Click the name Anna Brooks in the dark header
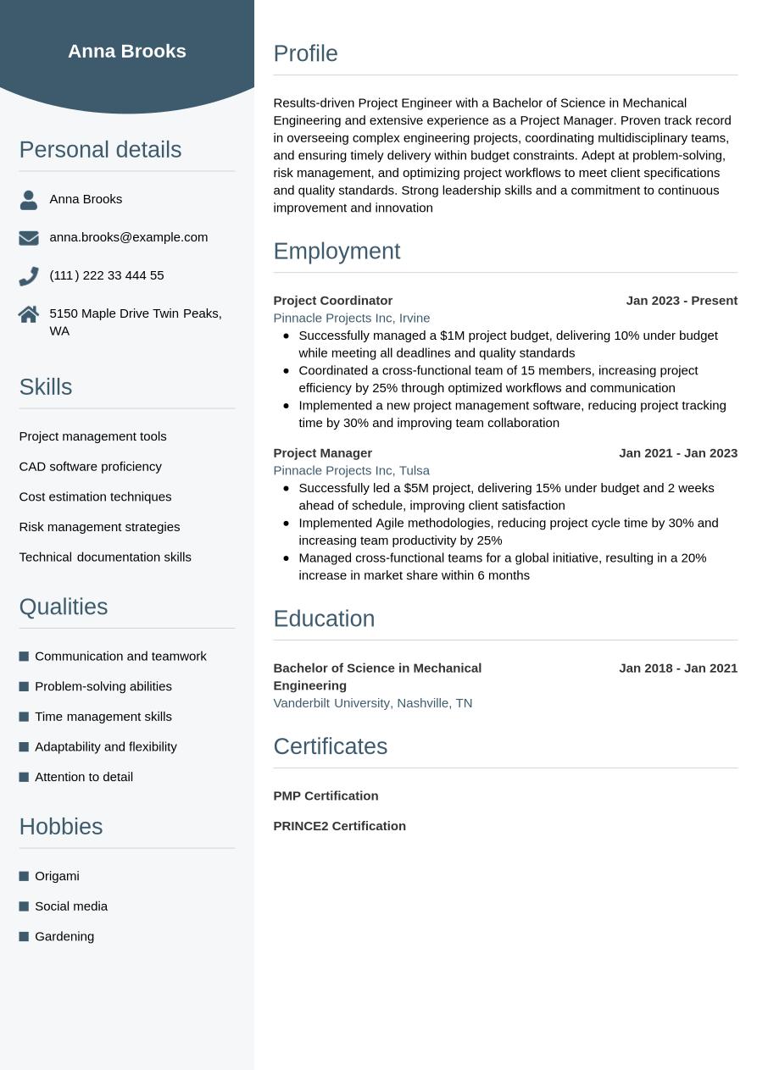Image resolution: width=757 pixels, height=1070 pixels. coord(127,51)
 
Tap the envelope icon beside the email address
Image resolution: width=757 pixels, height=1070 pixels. coord(29,238)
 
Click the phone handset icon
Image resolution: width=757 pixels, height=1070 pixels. coord(29,276)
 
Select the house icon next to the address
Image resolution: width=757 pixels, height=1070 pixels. coord(29,314)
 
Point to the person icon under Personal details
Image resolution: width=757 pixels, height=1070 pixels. coord(29,200)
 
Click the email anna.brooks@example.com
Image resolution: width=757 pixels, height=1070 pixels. coord(128,237)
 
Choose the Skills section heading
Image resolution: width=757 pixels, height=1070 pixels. coord(46,387)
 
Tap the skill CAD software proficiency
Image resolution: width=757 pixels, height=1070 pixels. coord(90,467)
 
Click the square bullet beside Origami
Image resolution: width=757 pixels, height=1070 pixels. coord(24,876)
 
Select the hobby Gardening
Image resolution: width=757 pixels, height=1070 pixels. coord(64,936)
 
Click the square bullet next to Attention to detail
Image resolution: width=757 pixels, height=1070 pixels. coord(24,777)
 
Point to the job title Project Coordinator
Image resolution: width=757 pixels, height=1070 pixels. coord(332,301)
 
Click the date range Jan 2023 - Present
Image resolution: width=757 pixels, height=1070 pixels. coord(682,301)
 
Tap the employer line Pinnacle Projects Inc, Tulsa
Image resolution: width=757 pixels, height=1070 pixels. coord(351,470)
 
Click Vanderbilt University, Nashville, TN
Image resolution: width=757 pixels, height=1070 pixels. coord(372,703)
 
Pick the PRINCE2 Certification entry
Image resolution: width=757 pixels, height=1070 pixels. coord(339,826)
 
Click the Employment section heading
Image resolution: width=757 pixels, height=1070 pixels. coord(337,252)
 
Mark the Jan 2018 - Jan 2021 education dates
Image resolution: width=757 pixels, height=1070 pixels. coord(678,668)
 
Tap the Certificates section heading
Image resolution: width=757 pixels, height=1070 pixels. coord(330,746)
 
